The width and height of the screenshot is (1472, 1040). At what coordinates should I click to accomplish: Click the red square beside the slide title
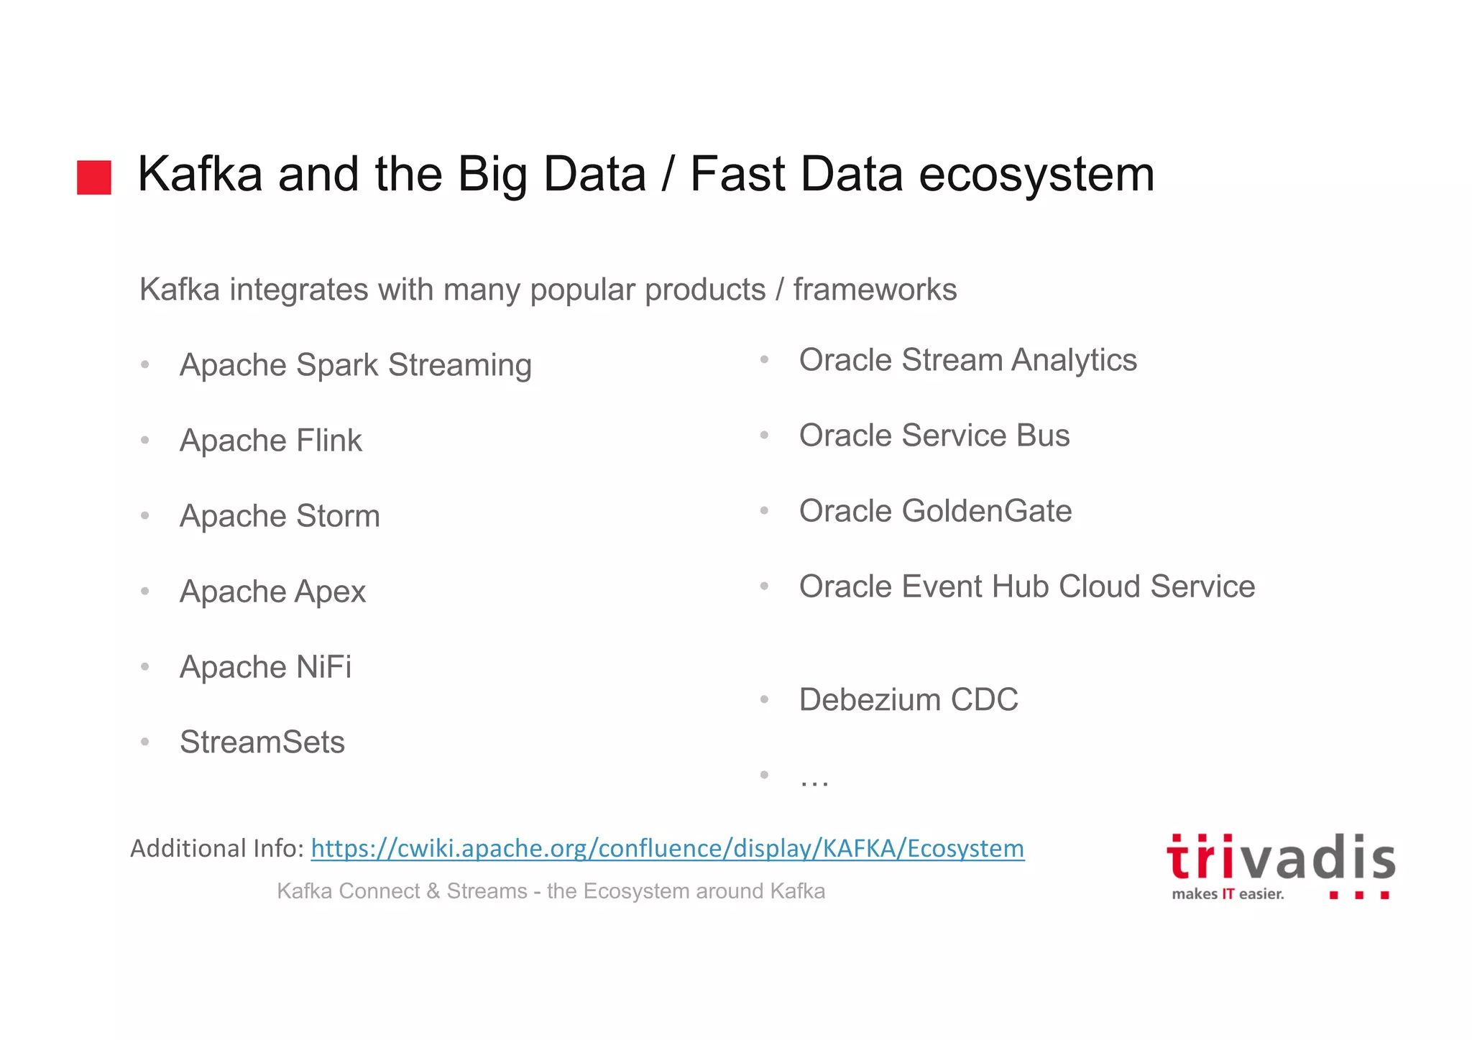click(x=94, y=177)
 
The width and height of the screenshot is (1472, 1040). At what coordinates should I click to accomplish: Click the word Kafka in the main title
click(x=199, y=174)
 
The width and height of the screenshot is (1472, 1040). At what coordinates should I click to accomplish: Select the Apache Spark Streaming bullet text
click(x=355, y=365)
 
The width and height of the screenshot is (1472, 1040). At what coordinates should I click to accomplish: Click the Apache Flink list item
click(x=270, y=441)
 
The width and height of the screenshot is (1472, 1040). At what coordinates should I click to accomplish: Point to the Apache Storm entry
click(x=280, y=516)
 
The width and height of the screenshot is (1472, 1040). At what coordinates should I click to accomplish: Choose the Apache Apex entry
click(x=272, y=592)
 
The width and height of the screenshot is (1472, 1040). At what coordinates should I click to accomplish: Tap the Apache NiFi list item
click(x=265, y=667)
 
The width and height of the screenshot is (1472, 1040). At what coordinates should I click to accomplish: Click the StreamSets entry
click(x=262, y=742)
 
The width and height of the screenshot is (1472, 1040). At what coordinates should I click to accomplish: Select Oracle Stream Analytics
click(x=967, y=360)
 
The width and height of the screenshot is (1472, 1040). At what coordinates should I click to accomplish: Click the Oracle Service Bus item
click(x=934, y=436)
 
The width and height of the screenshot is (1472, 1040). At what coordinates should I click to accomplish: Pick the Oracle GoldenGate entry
click(x=935, y=511)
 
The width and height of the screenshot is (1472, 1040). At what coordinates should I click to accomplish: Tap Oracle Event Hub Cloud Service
click(x=1026, y=586)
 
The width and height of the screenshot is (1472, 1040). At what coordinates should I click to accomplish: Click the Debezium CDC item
click(x=908, y=699)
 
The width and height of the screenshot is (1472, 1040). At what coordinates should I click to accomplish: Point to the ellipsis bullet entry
click(x=814, y=779)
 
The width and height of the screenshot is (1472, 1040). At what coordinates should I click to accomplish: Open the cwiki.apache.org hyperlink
click(x=667, y=849)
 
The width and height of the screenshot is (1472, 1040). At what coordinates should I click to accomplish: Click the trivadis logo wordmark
click(x=1280, y=858)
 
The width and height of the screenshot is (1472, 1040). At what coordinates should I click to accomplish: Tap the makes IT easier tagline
click(x=1227, y=894)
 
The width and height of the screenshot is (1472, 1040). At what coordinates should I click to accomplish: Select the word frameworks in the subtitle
click(x=875, y=290)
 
